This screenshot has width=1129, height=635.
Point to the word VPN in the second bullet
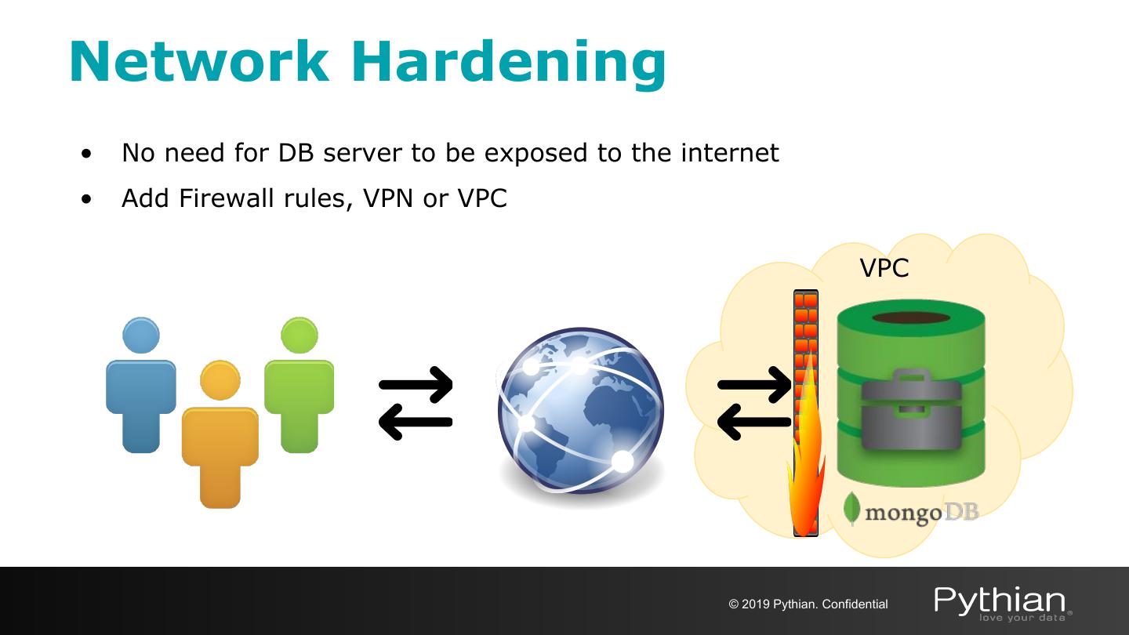[389, 198]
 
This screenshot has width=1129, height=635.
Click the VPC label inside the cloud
[884, 268]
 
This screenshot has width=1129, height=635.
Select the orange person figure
[220, 439]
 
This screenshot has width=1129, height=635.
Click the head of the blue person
[141, 336]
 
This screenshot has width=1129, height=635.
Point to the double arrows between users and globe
[416, 402]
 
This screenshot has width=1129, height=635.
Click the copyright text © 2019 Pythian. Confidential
[808, 604]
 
